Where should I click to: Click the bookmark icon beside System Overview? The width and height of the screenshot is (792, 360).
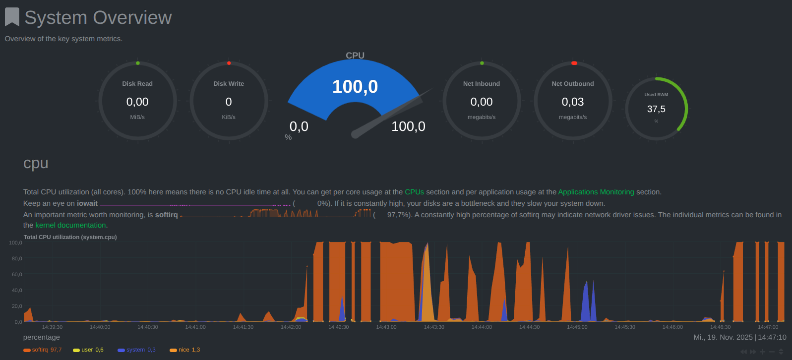point(12,17)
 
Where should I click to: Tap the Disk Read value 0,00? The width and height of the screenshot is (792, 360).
point(137,102)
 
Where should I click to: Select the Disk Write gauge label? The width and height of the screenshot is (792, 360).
point(229,84)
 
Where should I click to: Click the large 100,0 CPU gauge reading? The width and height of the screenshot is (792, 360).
point(355,87)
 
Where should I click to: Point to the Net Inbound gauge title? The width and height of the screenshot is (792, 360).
point(482,84)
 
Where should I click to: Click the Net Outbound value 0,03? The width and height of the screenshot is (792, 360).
point(573,102)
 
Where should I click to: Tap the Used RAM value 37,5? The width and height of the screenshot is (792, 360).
point(656,109)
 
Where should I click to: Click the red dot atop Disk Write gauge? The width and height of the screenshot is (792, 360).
point(229,63)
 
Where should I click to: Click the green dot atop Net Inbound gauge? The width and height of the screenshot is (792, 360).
point(482,63)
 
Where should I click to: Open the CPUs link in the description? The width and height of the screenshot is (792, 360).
point(415,192)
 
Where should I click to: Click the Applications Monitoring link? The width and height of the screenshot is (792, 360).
point(596,192)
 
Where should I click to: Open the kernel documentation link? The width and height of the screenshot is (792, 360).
point(70,225)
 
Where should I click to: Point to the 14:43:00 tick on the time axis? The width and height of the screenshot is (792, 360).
point(386,327)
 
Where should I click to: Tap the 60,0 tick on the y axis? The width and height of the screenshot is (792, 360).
point(17,274)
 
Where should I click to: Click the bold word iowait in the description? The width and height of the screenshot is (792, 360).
point(87,203)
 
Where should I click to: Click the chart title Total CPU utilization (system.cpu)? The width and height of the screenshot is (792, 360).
point(70,237)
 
